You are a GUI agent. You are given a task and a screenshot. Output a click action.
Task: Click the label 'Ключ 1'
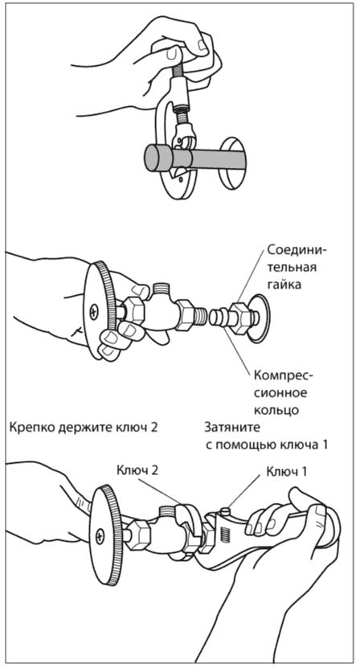pyautogui.click(x=286, y=472)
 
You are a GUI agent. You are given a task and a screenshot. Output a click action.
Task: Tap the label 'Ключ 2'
pyautogui.click(x=137, y=471)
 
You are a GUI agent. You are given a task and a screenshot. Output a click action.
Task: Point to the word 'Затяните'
pyautogui.click(x=231, y=428)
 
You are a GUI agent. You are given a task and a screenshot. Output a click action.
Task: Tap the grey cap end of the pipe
pyautogui.click(x=158, y=158)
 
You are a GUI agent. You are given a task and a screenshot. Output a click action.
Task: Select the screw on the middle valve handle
pyautogui.click(x=93, y=314)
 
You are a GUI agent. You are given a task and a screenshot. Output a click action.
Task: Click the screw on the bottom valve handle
pyautogui.click(x=100, y=535)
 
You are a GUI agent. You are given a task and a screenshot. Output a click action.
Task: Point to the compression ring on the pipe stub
pyautogui.click(x=217, y=318)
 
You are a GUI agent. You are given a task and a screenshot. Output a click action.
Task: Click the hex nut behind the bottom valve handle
pyautogui.click(x=137, y=535)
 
